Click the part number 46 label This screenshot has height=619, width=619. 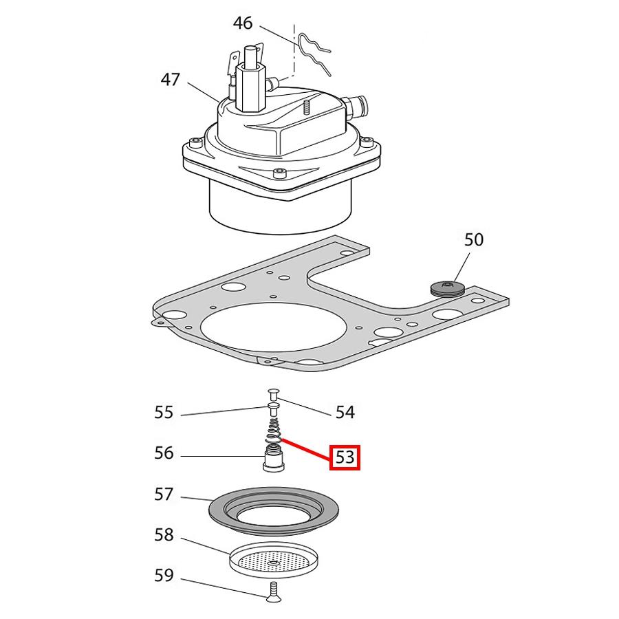click(x=242, y=23)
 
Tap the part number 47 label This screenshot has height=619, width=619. click(x=171, y=79)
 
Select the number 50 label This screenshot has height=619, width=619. click(x=473, y=239)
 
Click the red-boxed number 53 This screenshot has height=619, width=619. click(x=345, y=457)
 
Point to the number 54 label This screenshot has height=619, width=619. click(x=345, y=412)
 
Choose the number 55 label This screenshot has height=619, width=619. click(x=164, y=412)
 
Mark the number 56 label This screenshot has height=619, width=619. click(x=164, y=453)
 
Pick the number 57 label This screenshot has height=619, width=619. click(x=164, y=495)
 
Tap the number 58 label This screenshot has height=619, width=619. click(x=164, y=535)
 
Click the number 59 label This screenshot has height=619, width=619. click(x=164, y=576)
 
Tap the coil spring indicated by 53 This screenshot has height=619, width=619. click(x=274, y=431)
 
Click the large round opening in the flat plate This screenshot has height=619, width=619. click(x=274, y=327)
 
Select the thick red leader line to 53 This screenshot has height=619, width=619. click(x=306, y=450)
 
